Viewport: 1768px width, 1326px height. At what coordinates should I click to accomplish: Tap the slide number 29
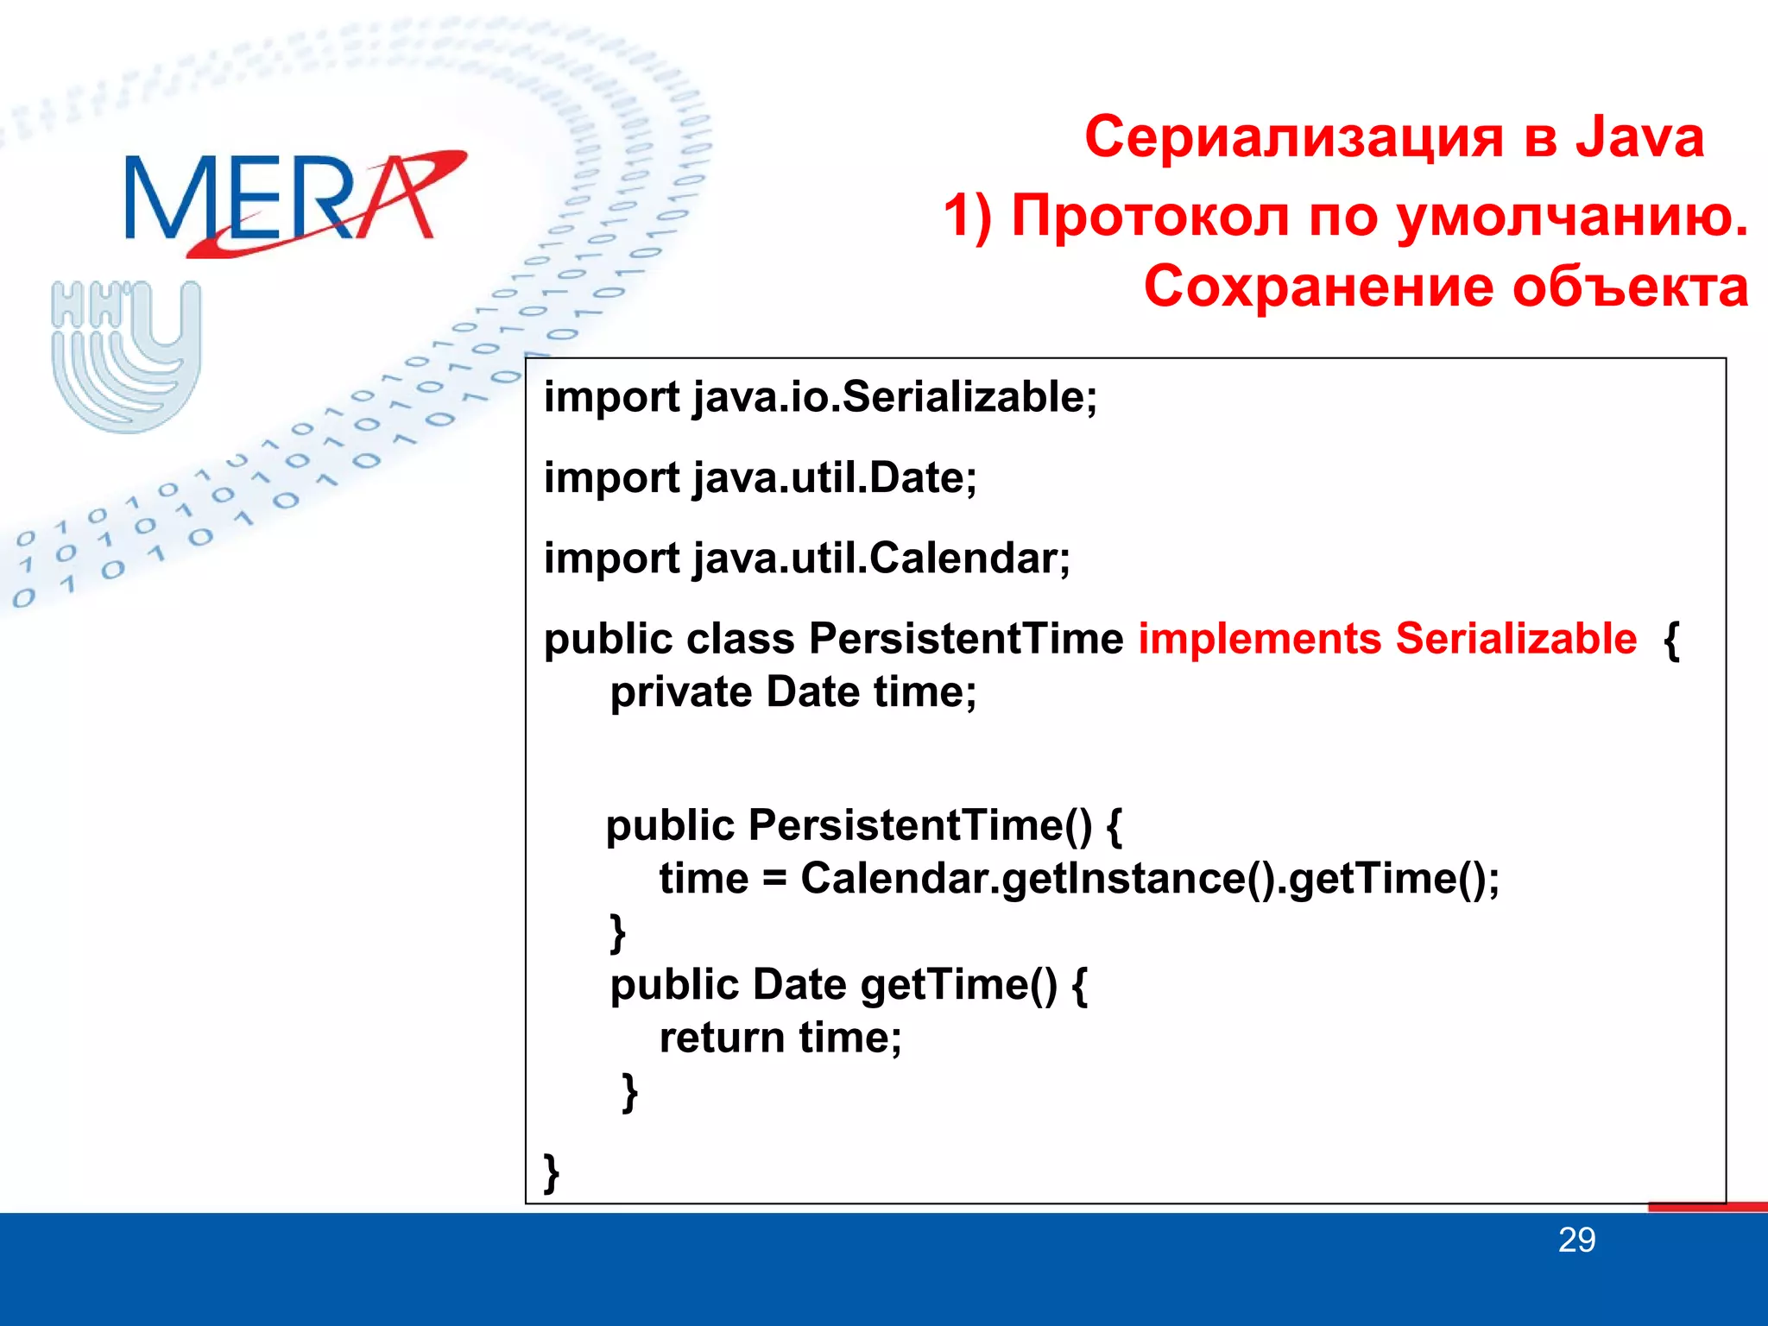point(1576,1241)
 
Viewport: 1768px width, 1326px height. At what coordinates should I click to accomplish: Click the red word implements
point(1260,639)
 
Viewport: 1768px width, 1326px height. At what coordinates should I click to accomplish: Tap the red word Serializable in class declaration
point(1516,639)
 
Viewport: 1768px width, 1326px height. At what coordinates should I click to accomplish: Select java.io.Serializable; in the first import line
point(894,397)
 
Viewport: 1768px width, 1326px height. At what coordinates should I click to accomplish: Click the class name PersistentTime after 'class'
point(966,639)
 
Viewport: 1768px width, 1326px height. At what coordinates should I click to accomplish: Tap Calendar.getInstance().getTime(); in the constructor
point(1150,879)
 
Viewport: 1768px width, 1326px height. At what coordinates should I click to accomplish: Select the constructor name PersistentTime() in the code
point(920,825)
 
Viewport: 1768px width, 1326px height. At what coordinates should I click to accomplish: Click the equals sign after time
point(774,880)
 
